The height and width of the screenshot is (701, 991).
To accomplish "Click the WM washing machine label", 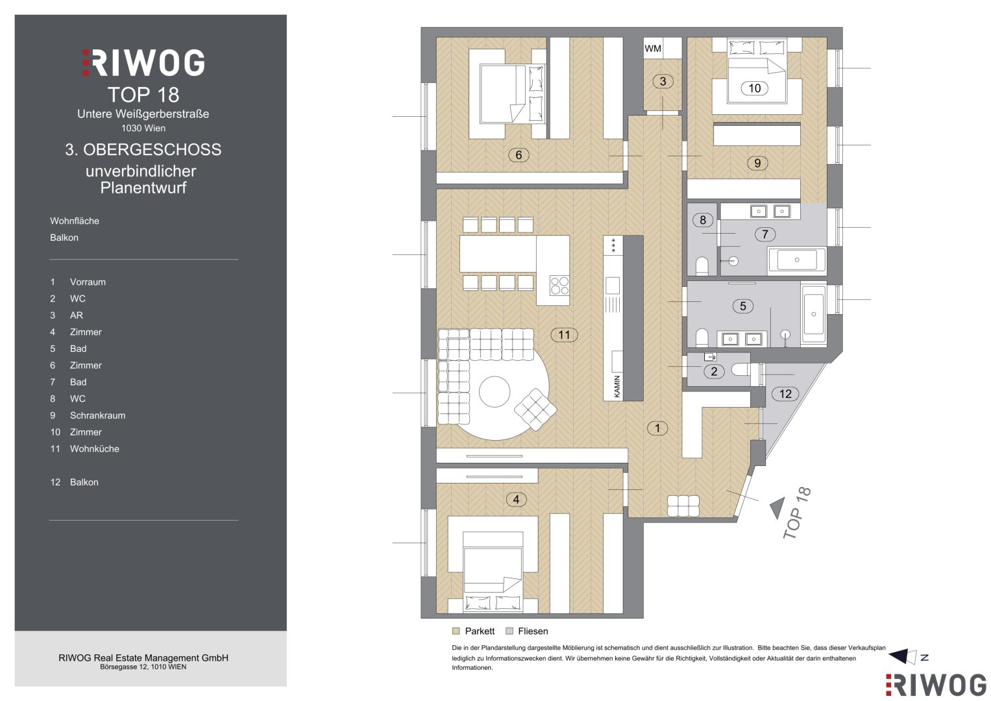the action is pos(653,49).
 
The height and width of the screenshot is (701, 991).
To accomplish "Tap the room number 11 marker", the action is pos(564,334).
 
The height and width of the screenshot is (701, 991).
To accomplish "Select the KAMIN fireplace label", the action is pos(617,386).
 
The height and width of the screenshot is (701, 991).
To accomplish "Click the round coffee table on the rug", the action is pos(494,391).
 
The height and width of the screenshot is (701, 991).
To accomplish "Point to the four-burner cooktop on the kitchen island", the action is pos(559,286).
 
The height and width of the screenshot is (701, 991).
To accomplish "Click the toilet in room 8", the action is pos(702,266).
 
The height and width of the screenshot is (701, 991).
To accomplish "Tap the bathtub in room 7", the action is pos(797,260).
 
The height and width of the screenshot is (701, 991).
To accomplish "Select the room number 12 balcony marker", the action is pos(785,394).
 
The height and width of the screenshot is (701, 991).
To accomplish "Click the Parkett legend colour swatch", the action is pos(456,631).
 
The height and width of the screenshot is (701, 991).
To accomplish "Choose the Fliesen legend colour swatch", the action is pos(509,631).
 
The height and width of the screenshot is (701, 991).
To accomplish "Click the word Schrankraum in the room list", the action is pos(97,415).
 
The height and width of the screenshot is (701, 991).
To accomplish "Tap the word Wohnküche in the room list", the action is pos(94,449).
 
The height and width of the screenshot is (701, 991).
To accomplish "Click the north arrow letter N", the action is pos(924,658).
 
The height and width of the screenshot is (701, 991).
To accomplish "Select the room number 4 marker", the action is pos(516,500).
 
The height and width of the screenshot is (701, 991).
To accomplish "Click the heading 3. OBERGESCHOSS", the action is pos(143,149).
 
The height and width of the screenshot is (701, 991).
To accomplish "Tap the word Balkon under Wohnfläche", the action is pos(64,238).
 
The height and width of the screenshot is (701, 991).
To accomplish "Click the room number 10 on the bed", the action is pos(754,88).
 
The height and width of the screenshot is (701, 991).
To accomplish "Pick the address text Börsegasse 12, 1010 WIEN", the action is pos(143,667).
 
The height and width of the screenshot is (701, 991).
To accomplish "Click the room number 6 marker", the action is pos(519,155).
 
